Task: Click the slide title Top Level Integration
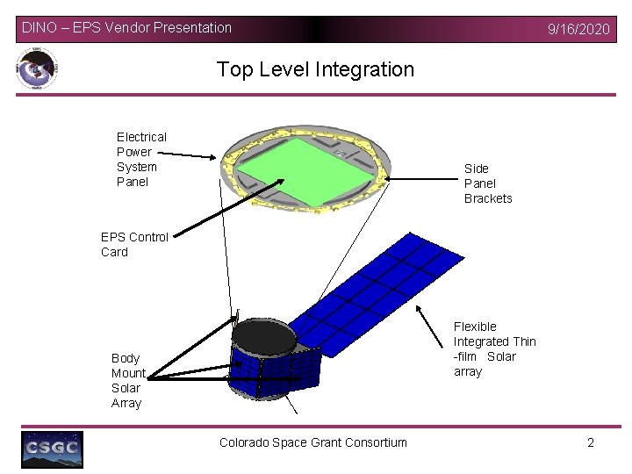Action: click(315, 69)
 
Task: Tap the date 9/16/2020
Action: click(578, 29)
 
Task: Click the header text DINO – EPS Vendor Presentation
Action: click(127, 28)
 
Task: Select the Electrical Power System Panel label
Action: click(140, 159)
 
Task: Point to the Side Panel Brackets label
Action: click(487, 183)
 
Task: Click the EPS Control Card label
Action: click(133, 244)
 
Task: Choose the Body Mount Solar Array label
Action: click(127, 380)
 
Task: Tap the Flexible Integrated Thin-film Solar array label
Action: click(493, 348)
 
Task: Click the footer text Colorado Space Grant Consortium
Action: click(313, 442)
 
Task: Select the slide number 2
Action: click(591, 442)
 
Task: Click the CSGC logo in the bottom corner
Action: click(53, 449)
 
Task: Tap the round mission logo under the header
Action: click(37, 69)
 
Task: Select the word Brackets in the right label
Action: click(487, 198)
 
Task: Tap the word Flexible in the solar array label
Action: click(475, 327)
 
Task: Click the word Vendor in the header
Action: click(128, 28)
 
